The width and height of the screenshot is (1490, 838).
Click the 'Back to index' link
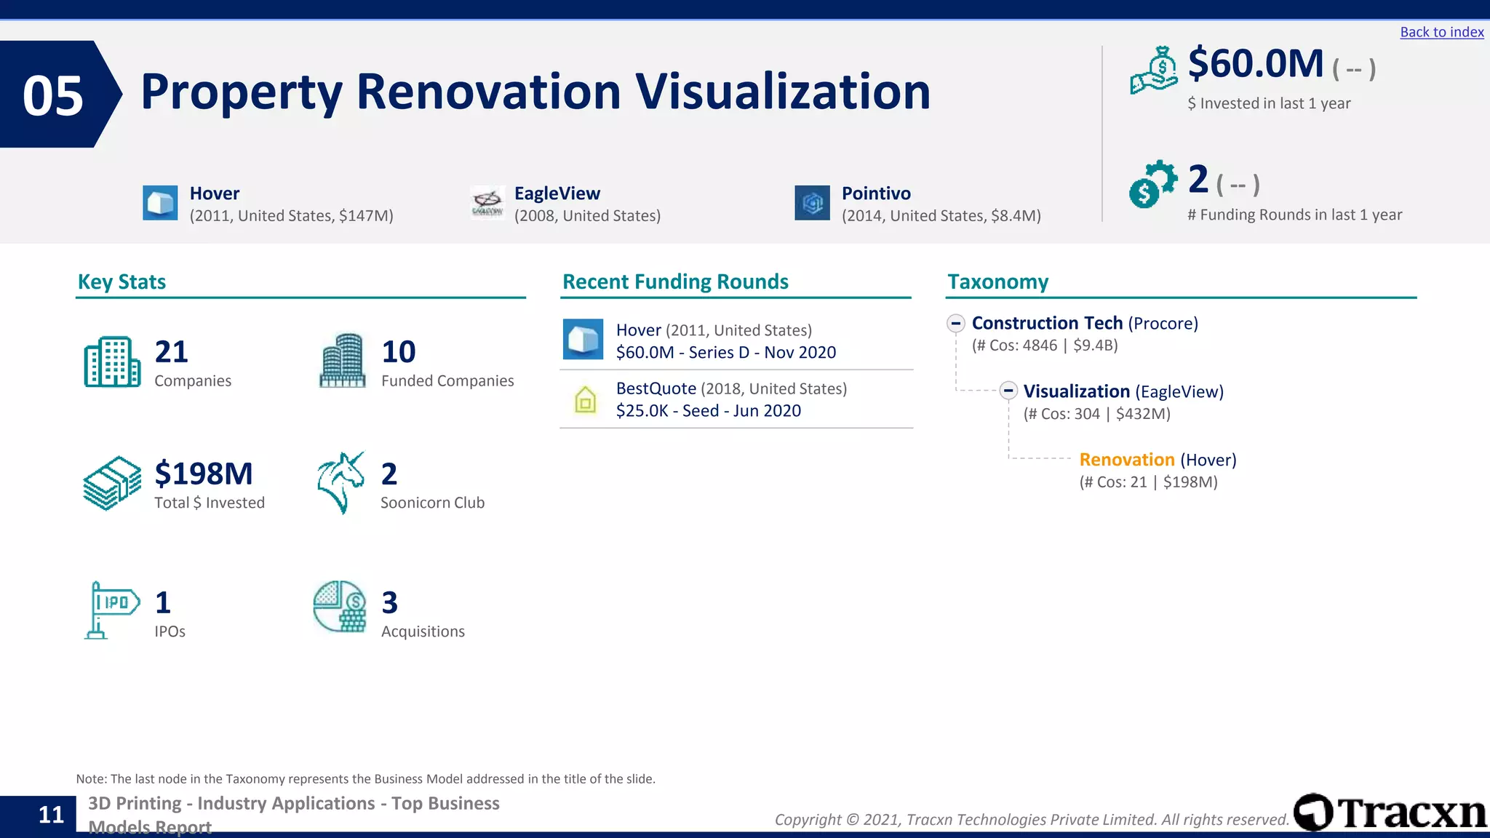[x=1441, y=32]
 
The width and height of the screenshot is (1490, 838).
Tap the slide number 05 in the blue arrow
[x=53, y=96]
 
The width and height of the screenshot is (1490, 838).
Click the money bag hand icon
[x=1154, y=71]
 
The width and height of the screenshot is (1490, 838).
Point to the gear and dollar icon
[x=1152, y=184]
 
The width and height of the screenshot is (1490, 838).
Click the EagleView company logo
[x=487, y=202]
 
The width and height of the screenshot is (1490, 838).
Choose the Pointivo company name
[x=876, y=193]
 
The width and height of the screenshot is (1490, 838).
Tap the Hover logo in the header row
[x=160, y=202]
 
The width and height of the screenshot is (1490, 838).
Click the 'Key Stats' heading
[x=121, y=282]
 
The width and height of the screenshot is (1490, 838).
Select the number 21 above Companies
[x=172, y=352]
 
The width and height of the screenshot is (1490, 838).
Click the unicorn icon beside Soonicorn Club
[x=340, y=482]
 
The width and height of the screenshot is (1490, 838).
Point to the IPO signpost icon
[x=111, y=610]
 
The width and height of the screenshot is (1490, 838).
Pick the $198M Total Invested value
[x=204, y=474]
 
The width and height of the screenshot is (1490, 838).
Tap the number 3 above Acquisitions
[x=389, y=602]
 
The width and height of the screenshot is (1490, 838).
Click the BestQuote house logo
[x=585, y=399]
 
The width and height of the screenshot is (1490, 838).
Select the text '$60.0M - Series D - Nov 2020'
[x=725, y=352]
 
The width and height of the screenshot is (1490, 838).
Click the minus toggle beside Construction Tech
[x=956, y=323]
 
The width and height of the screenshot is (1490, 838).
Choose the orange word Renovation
[x=1126, y=460]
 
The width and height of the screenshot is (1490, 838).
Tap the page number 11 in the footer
[x=51, y=815]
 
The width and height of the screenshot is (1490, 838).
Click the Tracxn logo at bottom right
[x=1390, y=813]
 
